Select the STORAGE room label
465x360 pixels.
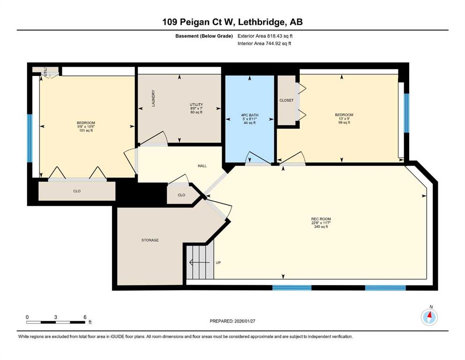click(x=150, y=240)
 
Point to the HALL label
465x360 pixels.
click(x=202, y=166)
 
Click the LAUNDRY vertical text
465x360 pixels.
click(x=153, y=98)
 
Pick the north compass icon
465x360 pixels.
click(x=429, y=317)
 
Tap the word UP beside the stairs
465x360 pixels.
click(x=218, y=262)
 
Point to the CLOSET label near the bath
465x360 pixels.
click(x=287, y=100)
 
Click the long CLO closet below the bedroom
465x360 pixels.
click(x=77, y=191)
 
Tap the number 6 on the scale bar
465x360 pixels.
click(x=85, y=317)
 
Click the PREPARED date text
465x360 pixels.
click(x=232, y=321)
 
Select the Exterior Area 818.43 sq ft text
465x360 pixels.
click(x=265, y=36)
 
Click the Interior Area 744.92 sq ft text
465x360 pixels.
click(x=264, y=43)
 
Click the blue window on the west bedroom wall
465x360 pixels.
click(x=30, y=138)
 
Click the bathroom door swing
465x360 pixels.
click(x=258, y=157)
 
